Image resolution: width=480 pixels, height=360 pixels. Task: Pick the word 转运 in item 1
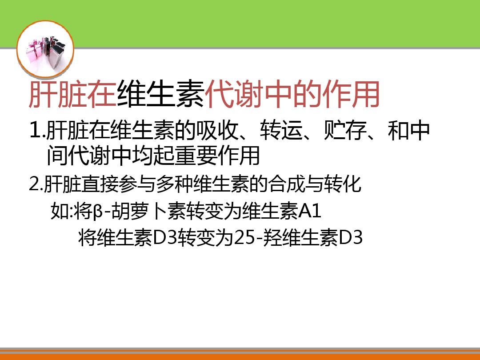click(276, 131)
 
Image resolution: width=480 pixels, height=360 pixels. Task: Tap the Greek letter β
click(98, 212)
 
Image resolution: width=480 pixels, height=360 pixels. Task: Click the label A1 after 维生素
click(309, 212)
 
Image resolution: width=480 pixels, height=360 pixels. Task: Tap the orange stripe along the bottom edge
click(240, 356)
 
